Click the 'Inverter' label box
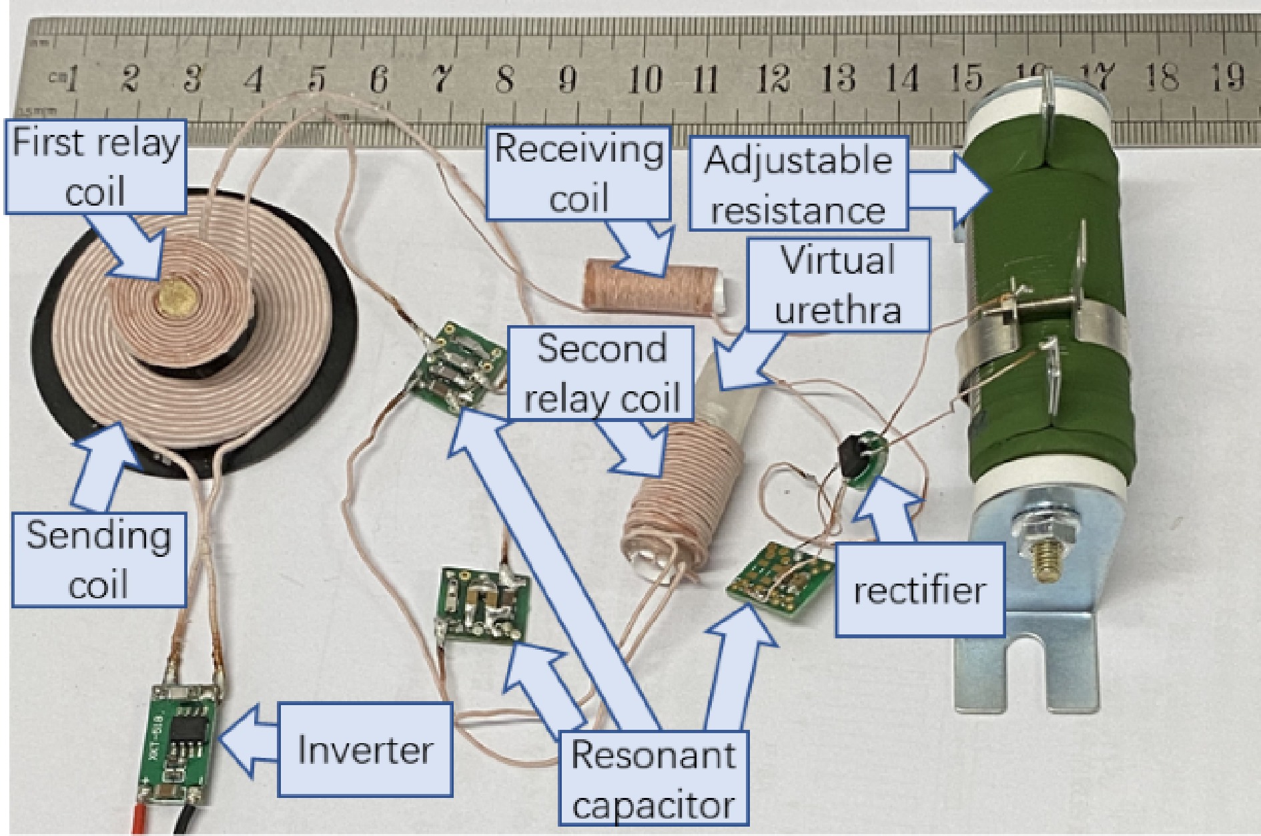[365, 749]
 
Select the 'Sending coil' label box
[99, 560]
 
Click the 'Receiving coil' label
[578, 172]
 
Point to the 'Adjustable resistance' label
[798, 184]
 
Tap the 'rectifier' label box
[919, 589]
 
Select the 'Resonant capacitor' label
[654, 779]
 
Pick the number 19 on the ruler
[1226, 77]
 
